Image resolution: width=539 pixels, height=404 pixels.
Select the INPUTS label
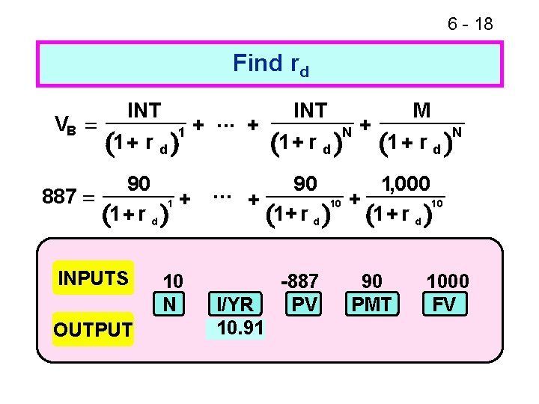pyautogui.click(x=94, y=278)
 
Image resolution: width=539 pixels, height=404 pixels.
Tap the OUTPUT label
pyautogui.click(x=94, y=329)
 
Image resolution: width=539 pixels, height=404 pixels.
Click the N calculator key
pyautogui.click(x=171, y=304)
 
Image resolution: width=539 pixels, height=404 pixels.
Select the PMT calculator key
pyautogui.click(x=372, y=304)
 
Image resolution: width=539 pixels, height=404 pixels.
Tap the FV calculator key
pyautogui.click(x=448, y=304)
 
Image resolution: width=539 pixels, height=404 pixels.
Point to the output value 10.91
pyautogui.click(x=237, y=328)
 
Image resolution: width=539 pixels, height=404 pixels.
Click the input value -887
pyautogui.click(x=300, y=281)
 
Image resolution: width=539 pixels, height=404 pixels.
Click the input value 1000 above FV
pyautogui.click(x=448, y=281)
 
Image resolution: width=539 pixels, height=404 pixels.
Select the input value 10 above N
pyautogui.click(x=173, y=281)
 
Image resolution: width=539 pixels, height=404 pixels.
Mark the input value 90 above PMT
pyautogui.click(x=372, y=281)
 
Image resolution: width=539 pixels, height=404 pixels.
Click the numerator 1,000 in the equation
pyautogui.click(x=405, y=183)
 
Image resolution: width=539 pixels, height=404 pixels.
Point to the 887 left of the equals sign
pyautogui.click(x=61, y=198)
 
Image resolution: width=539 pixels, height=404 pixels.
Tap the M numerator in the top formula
pyautogui.click(x=421, y=111)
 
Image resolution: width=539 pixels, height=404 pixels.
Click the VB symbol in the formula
pyautogui.click(x=66, y=124)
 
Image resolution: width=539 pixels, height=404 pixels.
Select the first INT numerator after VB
pyautogui.click(x=144, y=111)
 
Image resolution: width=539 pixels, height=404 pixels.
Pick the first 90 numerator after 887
pyautogui.click(x=138, y=183)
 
